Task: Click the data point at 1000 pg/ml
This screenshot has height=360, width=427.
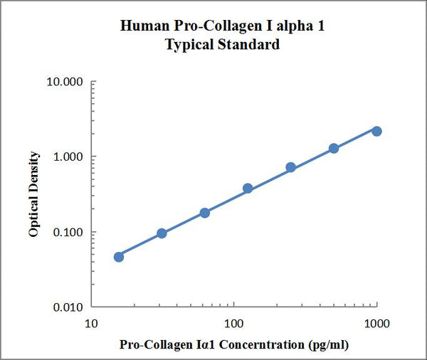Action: click(376, 131)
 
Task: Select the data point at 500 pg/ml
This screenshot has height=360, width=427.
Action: click(334, 148)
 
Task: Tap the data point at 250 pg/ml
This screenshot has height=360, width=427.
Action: click(290, 167)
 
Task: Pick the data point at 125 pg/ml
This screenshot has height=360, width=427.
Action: click(248, 189)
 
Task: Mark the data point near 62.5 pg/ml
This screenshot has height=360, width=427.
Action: click(205, 213)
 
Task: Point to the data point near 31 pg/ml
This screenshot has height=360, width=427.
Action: click(162, 233)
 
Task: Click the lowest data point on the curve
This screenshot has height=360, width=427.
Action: click(119, 257)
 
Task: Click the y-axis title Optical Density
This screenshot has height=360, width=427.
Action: click(34, 194)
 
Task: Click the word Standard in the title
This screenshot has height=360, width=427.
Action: click(248, 45)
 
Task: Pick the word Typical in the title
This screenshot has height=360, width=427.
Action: click(190, 45)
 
